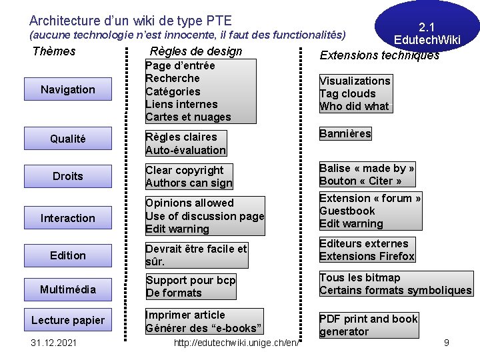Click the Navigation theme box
click(67, 89)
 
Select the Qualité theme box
click(67, 139)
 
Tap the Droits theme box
click(67, 176)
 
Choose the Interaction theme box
click(67, 218)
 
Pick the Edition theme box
click(67, 255)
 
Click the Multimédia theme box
click(67, 289)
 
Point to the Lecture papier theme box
click(67, 320)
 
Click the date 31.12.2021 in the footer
click(54, 343)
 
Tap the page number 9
click(447, 343)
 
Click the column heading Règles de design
click(196, 51)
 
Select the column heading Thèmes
click(54, 51)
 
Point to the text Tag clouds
click(347, 93)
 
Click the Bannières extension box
click(345, 133)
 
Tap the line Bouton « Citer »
click(360, 181)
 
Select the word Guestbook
click(347, 211)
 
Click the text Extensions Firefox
click(367, 256)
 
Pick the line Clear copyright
click(185, 170)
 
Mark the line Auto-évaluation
click(185, 150)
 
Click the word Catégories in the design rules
click(173, 91)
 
